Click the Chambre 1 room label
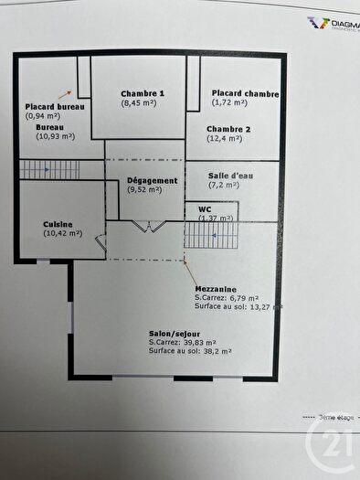click(x=143, y=93)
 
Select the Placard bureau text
click(x=55, y=107)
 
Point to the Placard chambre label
click(x=245, y=93)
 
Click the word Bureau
click(x=50, y=126)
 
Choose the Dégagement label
click(x=152, y=181)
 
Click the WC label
click(x=205, y=208)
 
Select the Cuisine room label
click(x=58, y=224)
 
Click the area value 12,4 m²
click(x=224, y=139)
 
